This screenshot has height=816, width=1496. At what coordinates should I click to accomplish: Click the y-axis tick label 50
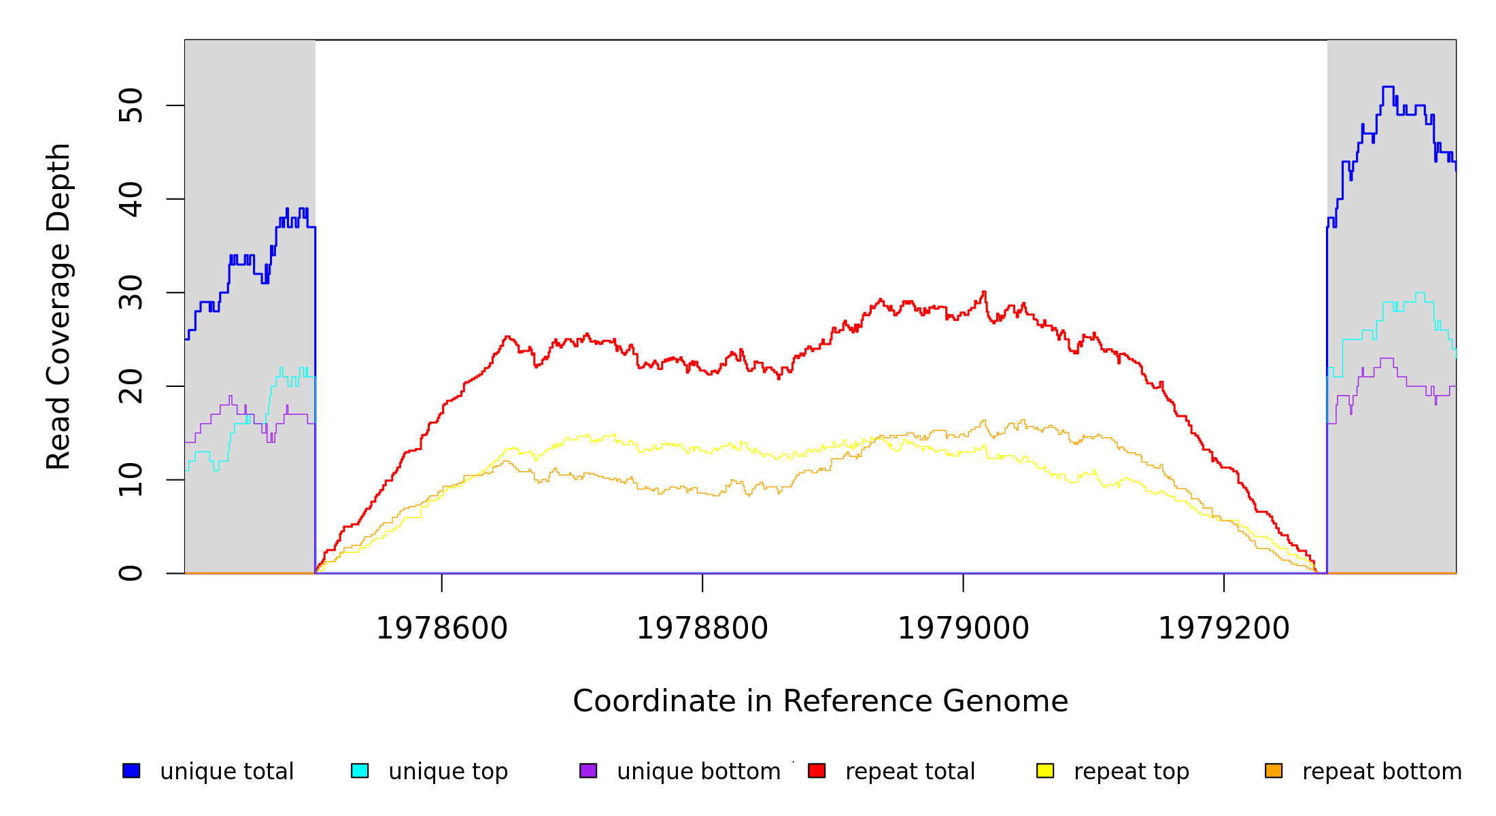click(131, 105)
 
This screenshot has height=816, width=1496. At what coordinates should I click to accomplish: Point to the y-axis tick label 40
click(131, 199)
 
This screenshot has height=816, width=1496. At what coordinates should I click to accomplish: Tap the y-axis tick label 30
click(131, 293)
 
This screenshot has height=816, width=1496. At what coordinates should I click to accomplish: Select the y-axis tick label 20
click(131, 386)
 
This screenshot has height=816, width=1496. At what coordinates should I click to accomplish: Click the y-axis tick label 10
click(131, 480)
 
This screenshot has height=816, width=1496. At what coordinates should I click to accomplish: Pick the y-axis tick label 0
click(131, 573)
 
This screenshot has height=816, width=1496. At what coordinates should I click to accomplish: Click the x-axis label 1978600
click(442, 628)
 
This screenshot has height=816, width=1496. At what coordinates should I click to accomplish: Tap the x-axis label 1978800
click(702, 628)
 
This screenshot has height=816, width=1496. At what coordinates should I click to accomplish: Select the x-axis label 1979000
click(964, 628)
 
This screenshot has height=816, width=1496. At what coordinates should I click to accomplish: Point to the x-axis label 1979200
click(1224, 628)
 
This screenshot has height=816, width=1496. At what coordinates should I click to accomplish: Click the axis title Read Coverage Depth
click(58, 306)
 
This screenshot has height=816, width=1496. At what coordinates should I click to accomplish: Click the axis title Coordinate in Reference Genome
click(820, 701)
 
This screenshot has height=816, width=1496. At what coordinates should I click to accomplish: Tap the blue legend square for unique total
click(131, 770)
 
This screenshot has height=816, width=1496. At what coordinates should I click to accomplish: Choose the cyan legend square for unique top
click(360, 770)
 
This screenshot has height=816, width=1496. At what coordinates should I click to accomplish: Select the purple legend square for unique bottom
click(588, 770)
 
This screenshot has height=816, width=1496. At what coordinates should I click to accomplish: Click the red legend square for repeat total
click(817, 770)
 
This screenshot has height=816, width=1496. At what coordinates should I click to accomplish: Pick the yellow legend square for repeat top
click(1045, 770)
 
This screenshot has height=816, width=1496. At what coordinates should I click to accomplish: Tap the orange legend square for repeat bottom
click(1274, 770)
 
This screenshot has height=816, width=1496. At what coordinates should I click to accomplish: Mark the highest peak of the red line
click(984, 292)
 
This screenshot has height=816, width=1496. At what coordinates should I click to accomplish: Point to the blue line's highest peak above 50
click(1388, 87)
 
